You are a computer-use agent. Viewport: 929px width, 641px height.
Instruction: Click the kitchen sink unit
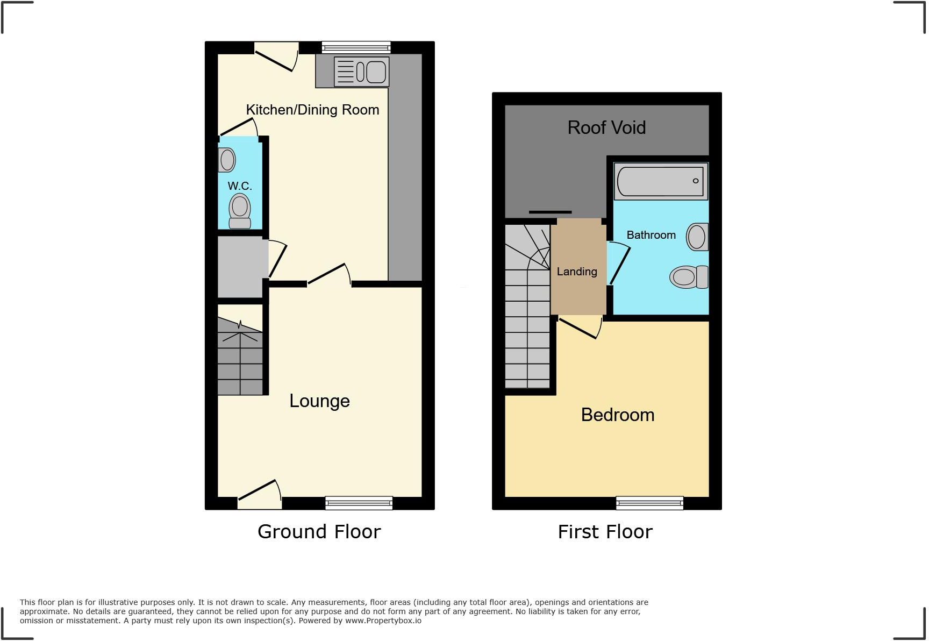coord(361,72)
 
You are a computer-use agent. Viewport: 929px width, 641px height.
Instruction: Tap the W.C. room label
coord(240,186)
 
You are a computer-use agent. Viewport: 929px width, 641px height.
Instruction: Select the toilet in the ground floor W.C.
coord(240,211)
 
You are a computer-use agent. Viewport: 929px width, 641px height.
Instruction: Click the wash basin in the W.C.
coord(227,160)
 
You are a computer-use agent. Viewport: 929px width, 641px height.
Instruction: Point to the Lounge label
coord(319,401)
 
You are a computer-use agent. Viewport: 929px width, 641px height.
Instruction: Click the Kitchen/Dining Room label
coord(312,110)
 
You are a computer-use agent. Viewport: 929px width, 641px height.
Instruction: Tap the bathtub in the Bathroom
coord(661,181)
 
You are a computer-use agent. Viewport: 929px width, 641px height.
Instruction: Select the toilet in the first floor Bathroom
coord(689,277)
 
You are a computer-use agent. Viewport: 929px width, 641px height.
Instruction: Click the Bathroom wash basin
coord(697,237)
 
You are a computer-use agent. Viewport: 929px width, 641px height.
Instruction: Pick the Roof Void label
coord(606,127)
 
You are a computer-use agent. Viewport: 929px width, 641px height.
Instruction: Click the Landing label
coord(577,272)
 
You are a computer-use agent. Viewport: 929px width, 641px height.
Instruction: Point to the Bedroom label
coord(618,415)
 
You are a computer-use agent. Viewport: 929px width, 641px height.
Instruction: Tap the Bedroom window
coord(649,503)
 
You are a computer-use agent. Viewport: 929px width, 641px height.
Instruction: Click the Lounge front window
coord(359,503)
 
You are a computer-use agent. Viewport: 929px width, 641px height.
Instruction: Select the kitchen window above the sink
coord(356,47)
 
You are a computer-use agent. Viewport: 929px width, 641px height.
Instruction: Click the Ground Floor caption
coord(319,531)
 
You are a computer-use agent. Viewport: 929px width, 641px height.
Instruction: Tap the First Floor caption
coord(605,532)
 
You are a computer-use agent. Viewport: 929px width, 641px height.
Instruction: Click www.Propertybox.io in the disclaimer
coord(383,621)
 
